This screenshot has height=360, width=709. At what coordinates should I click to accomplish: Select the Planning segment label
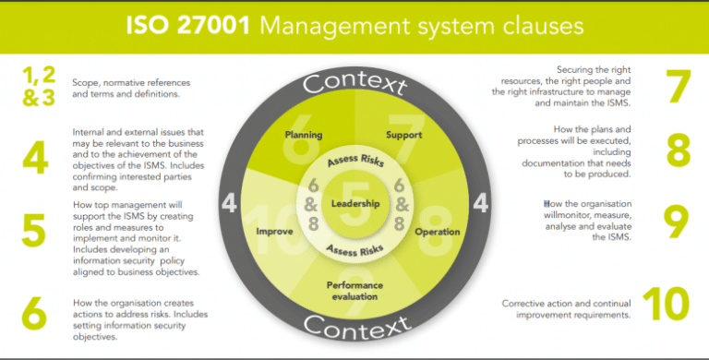[x=304, y=135]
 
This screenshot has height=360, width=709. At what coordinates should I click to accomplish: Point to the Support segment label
[x=404, y=135]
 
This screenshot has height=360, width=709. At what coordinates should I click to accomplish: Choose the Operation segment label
[x=438, y=232]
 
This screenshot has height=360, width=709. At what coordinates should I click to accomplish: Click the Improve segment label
[x=274, y=232]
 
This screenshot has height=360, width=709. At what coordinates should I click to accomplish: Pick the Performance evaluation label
[x=355, y=292]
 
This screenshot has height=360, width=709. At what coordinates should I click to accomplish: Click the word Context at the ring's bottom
[x=355, y=325]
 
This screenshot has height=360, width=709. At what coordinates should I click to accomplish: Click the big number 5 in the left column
[x=33, y=231]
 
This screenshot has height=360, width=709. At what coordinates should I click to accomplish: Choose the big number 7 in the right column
[x=679, y=85]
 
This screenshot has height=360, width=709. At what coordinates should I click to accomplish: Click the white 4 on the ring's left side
[x=228, y=201]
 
